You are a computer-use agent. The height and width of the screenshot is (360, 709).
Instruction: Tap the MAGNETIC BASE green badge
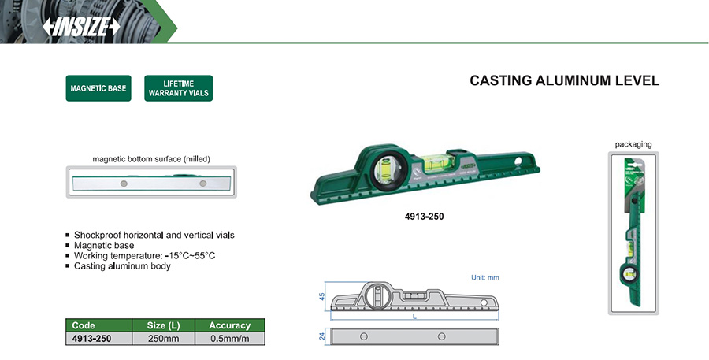click(98, 88)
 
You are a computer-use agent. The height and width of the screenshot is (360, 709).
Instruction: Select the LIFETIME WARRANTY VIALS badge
click(179, 87)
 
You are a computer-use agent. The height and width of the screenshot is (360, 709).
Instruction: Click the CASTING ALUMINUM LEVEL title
click(564, 80)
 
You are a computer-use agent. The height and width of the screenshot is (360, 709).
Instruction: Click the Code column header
click(84, 325)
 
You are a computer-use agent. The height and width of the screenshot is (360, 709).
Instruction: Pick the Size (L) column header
click(163, 325)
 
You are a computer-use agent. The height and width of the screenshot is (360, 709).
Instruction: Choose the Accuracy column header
click(229, 325)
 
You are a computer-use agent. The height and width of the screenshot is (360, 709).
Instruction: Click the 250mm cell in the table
click(163, 338)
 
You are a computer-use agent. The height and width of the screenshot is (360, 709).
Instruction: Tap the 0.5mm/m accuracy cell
click(229, 338)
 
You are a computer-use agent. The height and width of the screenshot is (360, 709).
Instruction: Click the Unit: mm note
click(484, 277)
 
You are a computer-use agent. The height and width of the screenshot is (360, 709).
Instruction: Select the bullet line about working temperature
click(144, 256)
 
